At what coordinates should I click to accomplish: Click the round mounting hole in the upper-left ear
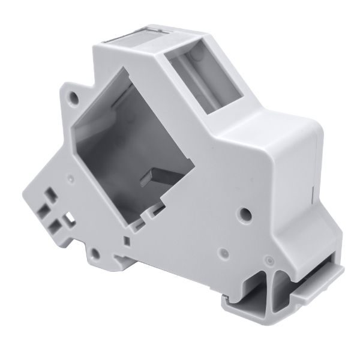click(73, 96)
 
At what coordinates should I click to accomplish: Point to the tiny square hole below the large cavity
click(126, 240)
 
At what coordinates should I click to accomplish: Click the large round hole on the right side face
click(244, 213)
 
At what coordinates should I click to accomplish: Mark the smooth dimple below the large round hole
click(223, 253)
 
